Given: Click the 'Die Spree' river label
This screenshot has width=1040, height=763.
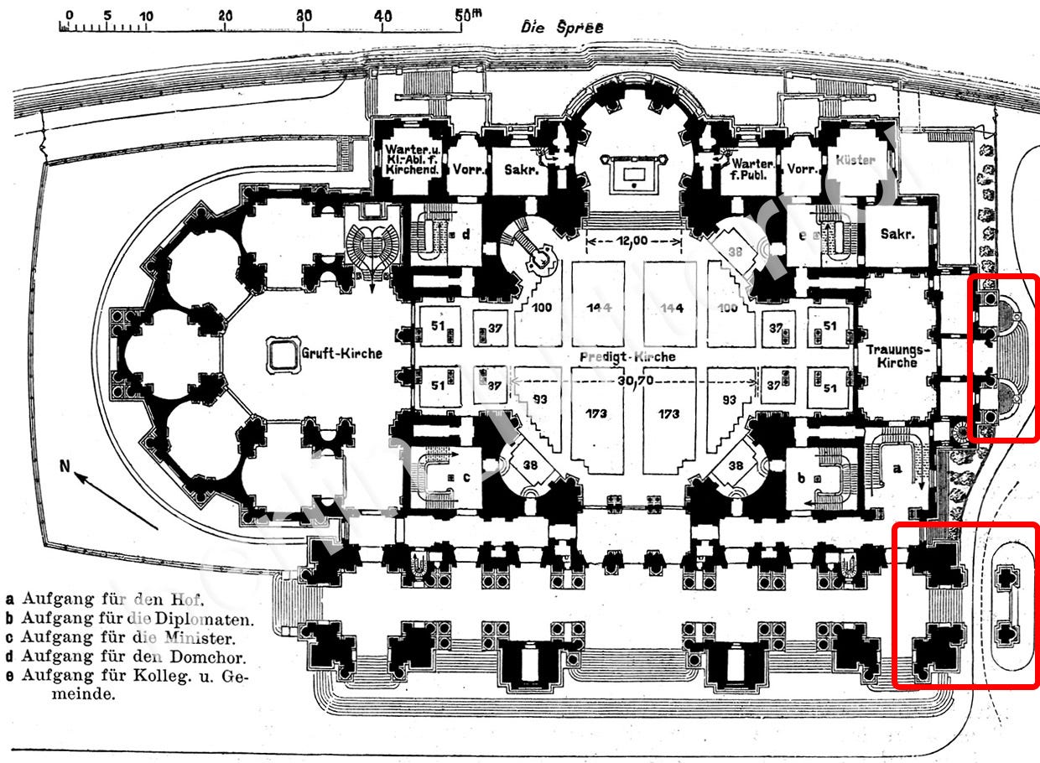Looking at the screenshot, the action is click(561, 26).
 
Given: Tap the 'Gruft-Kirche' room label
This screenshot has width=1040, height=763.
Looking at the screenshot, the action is click(341, 353).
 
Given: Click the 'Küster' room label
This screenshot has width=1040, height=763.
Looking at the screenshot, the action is click(855, 159).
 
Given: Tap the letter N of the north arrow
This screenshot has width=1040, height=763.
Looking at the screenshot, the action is click(65, 466).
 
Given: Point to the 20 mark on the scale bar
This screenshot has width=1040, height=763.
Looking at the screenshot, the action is click(225, 15).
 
